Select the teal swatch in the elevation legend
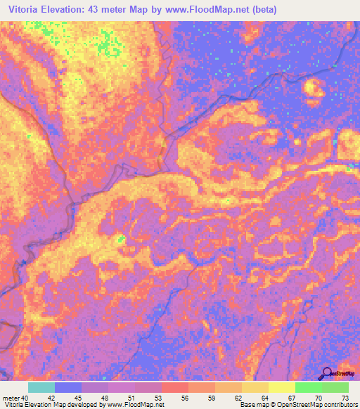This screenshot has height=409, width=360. click(41, 387)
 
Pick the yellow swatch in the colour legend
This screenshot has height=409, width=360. click(282, 387)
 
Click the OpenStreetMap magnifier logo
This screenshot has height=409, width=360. click(326, 373)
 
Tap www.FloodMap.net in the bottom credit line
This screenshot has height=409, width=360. click(139, 405)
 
